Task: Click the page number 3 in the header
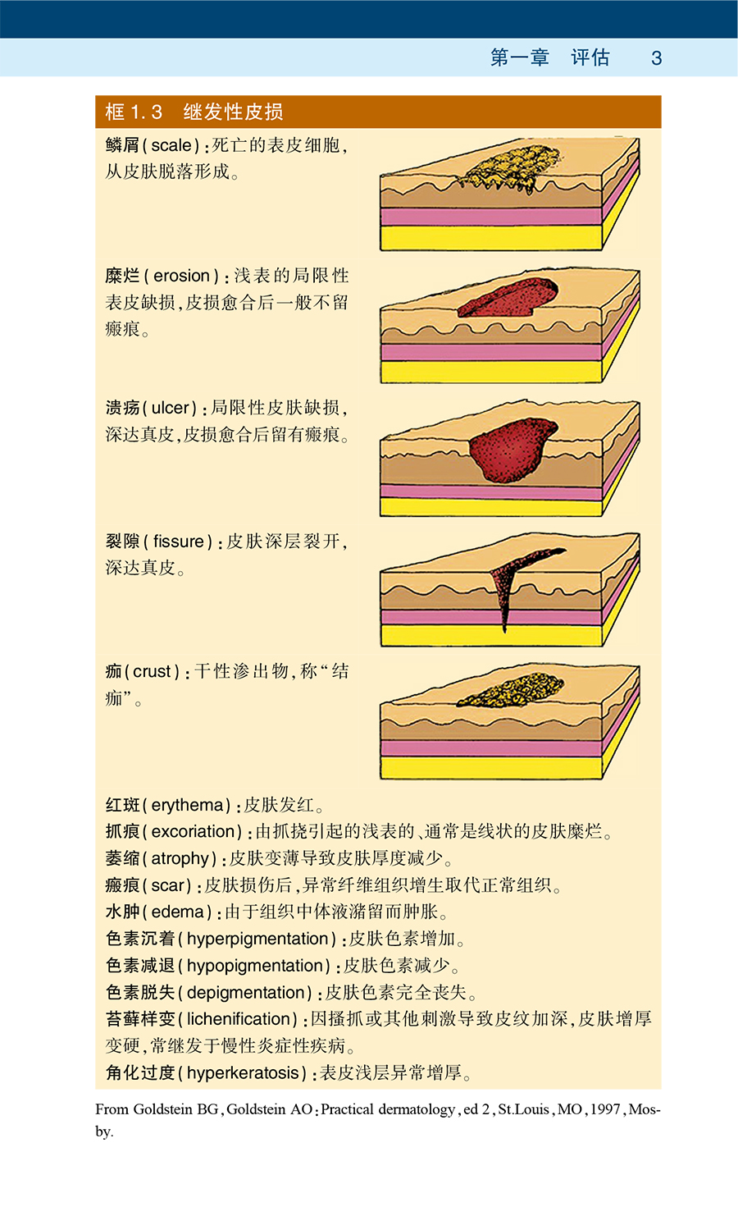(x=656, y=58)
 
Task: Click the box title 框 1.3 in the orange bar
(x=134, y=112)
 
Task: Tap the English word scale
(x=171, y=145)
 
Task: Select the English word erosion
(x=181, y=276)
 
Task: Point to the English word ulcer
(x=171, y=408)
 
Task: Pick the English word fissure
(x=178, y=542)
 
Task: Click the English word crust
(x=152, y=671)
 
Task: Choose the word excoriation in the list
(x=194, y=831)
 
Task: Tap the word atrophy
(x=180, y=858)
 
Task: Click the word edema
(x=177, y=912)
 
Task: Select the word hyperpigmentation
(x=257, y=939)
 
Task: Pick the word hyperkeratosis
(x=243, y=1072)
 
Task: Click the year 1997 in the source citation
(x=605, y=1109)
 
